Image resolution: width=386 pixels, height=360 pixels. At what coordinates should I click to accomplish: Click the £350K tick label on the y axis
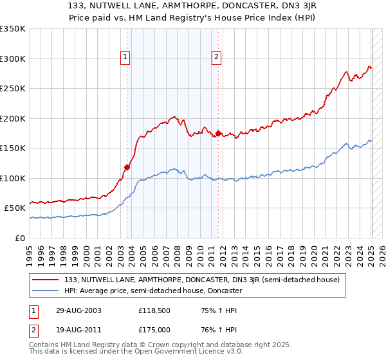point(13,29)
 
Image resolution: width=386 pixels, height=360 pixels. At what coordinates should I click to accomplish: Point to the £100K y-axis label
point(13,178)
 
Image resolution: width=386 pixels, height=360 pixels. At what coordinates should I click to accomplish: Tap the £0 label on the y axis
point(21,238)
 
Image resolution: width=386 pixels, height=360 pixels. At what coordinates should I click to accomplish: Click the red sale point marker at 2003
point(127,167)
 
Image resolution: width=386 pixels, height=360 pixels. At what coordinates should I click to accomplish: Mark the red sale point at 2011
point(218,134)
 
